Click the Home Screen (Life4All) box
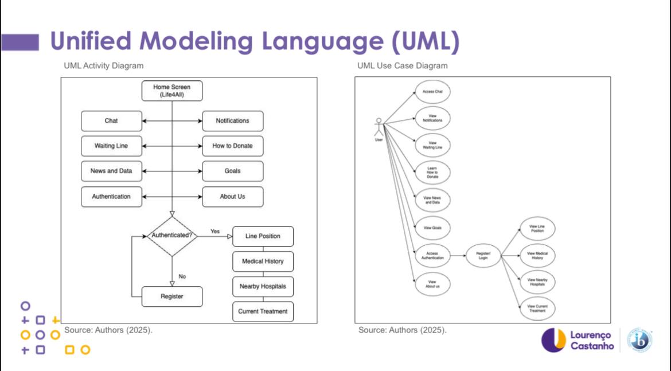pos(172,91)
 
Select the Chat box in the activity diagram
pos(111,121)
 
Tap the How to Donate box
pos(232,146)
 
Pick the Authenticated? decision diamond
pos(171,236)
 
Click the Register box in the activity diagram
pos(172,296)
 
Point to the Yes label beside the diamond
pos(215,231)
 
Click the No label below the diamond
pos(182,276)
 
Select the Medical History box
pos(263,261)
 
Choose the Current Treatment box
pos(263,311)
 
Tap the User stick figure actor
pos(379,127)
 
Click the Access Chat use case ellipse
pos(432,92)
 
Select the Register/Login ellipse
pos(483,255)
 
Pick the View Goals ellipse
pos(432,228)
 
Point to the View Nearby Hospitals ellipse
pos(537,282)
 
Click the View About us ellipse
pos(432,284)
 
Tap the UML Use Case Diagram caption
pos(402,66)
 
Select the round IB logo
pos(639,340)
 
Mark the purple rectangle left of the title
pos(19,42)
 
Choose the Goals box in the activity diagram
pos(232,171)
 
